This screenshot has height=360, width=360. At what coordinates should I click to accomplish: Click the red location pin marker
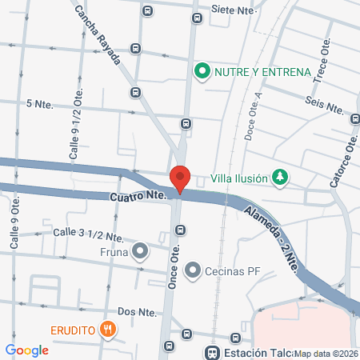(x=180, y=178)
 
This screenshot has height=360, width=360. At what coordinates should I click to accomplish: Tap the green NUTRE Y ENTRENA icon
(x=202, y=72)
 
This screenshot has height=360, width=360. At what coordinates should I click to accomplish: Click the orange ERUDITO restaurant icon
(x=108, y=329)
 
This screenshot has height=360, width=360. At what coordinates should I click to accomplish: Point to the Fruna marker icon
(x=141, y=252)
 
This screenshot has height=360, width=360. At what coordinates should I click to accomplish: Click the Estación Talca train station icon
(x=212, y=352)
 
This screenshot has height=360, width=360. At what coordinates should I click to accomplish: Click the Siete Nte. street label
(x=233, y=10)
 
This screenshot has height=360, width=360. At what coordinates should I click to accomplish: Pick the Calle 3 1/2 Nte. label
(x=88, y=234)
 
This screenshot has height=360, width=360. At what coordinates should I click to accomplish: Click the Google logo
(x=26, y=350)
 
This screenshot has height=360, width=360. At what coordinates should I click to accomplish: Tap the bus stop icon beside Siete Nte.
(x=198, y=18)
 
